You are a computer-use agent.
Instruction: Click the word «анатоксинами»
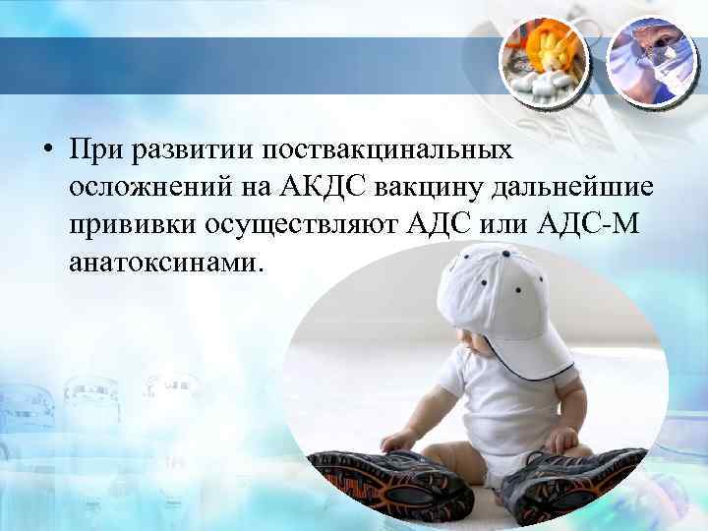(167, 264)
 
